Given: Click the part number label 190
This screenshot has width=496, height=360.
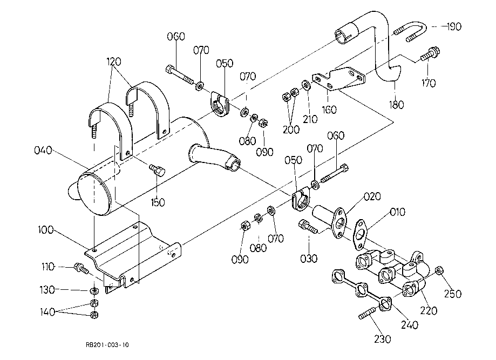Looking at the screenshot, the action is coord(454,26).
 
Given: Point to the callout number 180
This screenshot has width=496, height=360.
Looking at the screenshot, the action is coord(396,104).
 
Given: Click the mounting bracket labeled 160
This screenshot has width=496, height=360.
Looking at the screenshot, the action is coord(338,79).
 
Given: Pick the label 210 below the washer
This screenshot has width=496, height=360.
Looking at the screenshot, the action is coord(310,119).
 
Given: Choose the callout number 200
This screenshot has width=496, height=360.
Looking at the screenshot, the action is coord(291,130).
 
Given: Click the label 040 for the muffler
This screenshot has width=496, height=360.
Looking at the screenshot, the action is coord(43,150).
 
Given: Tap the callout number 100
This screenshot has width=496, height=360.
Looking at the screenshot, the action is coord(46,230).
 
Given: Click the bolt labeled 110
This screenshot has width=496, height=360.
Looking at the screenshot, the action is coord(81,268).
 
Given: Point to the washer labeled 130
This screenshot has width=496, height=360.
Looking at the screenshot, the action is coord(94,290).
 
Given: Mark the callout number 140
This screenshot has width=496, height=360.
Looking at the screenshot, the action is coord(47,312).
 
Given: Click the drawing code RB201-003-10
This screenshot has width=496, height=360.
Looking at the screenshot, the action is coord(107,345).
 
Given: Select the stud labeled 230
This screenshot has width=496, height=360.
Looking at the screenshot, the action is coord(367,314).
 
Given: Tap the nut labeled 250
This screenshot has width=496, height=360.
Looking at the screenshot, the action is coord(438,271).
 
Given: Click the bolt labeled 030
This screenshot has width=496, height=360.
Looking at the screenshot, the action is coord(308,227).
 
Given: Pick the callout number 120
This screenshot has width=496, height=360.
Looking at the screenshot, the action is coord(114,62).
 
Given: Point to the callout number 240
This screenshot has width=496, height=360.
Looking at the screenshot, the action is coord(410,324).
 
